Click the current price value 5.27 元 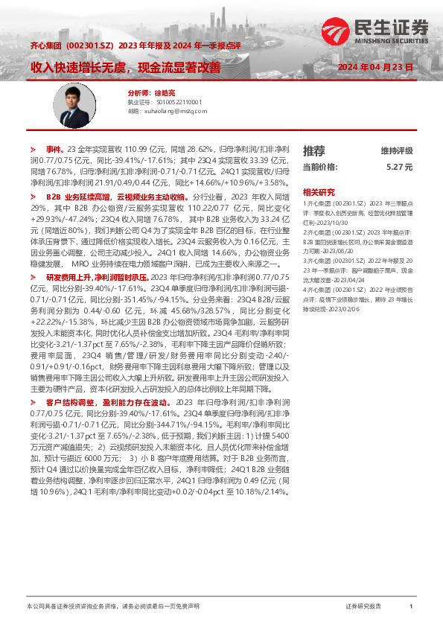pyautogui.click(x=399, y=168)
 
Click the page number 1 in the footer pyautogui.click(x=411, y=608)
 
